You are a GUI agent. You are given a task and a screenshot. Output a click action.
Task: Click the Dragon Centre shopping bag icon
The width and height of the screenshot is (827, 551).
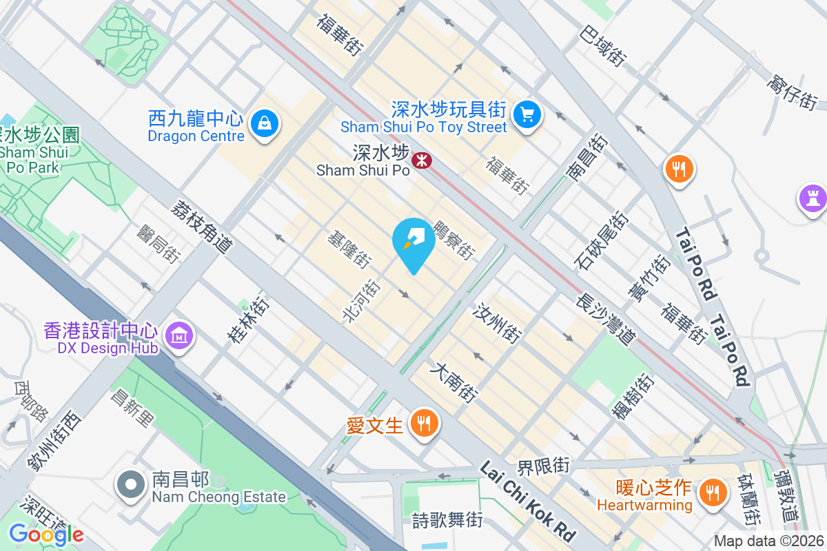tap(264, 125)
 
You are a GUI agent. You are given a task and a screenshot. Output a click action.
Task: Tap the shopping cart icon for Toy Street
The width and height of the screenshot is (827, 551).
tap(528, 113)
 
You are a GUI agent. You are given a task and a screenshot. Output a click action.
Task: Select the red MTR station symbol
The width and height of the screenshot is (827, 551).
tap(421, 160)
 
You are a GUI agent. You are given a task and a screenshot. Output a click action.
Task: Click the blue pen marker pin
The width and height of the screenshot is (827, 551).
tap(413, 240)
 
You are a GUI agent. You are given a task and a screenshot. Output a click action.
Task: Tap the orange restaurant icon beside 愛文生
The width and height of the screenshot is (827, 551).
tap(422, 424)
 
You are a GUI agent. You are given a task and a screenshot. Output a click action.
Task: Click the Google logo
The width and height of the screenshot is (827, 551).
tap(46, 534)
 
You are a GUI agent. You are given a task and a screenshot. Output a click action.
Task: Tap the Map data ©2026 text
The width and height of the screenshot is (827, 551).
tap(768, 541)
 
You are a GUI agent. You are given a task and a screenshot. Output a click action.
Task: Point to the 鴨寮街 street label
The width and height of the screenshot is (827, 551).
tap(454, 240)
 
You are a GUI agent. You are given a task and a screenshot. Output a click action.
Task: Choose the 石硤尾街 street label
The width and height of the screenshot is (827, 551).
tap(600, 240)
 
